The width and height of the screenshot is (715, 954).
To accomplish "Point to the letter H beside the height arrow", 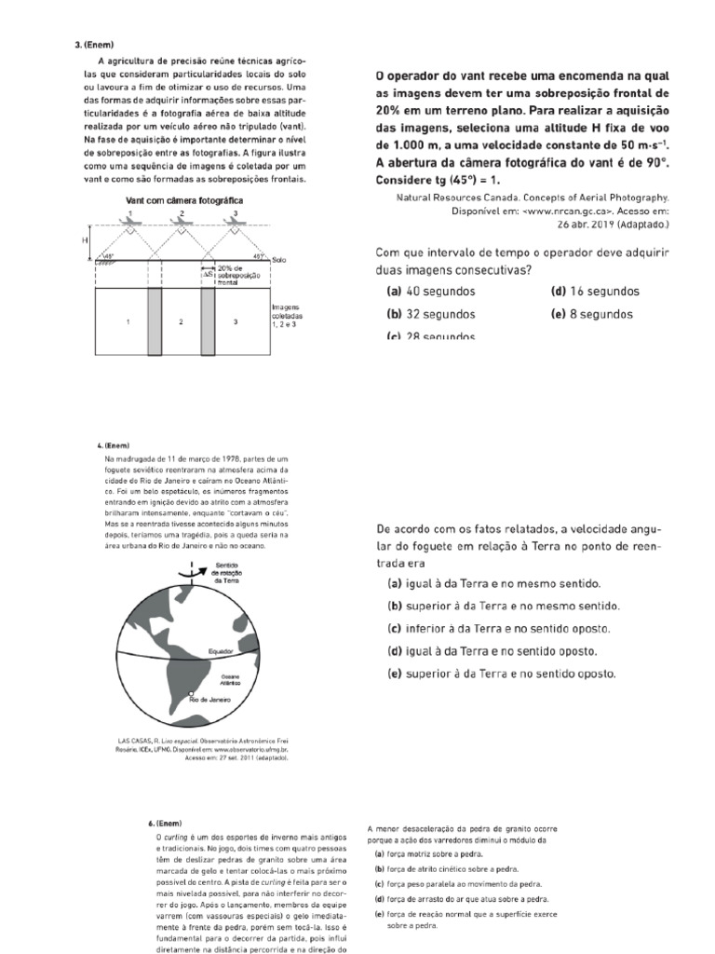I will [x=84, y=240].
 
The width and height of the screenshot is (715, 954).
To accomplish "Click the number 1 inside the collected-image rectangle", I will [x=128, y=321].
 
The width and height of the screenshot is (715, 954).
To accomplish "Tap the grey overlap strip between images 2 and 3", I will [x=209, y=321].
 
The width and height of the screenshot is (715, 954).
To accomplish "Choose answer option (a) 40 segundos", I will [x=428, y=292].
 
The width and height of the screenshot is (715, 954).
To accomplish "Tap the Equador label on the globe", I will [x=221, y=649].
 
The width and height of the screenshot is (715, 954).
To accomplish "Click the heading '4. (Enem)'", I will [x=115, y=445].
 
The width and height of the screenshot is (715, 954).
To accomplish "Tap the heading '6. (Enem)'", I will [x=164, y=824].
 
